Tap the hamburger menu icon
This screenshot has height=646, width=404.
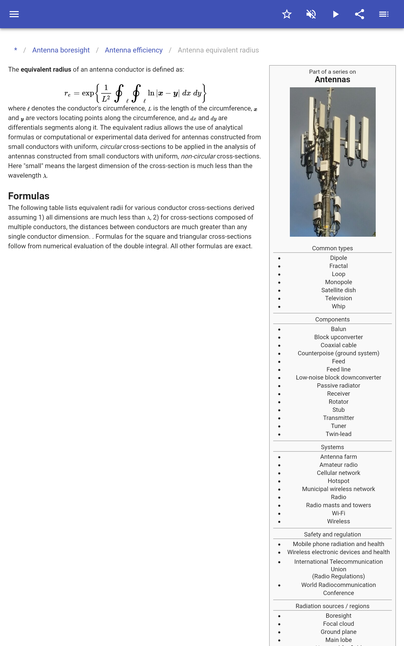pyautogui.click(x=14, y=14)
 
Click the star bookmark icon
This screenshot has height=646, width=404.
pyautogui.click(x=287, y=14)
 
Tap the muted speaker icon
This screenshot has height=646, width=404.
pyautogui.click(x=311, y=14)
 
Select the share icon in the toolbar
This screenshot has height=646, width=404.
pyautogui.click(x=359, y=14)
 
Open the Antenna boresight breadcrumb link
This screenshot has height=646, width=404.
pyautogui.click(x=61, y=50)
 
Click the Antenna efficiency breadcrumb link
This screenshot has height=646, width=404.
pyautogui.click(x=134, y=50)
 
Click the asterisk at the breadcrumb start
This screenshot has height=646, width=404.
pyautogui.click(x=16, y=50)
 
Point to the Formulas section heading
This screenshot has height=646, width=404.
pyautogui.click(x=29, y=196)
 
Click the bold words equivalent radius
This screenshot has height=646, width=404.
pyautogui.click(x=46, y=69)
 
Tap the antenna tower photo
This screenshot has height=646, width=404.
pyautogui.click(x=333, y=162)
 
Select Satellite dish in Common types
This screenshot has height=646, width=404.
pyautogui.click(x=338, y=290)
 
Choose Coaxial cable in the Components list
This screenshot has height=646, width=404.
pyautogui.click(x=338, y=345)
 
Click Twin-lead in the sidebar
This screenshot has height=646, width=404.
pyautogui.click(x=338, y=434)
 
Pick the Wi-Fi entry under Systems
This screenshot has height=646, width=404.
pyautogui.click(x=338, y=513)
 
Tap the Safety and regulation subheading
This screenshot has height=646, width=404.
pyautogui.click(x=332, y=534)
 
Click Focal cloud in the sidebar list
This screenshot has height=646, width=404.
pyautogui.click(x=338, y=624)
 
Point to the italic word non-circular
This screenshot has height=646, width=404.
pyautogui.click(x=198, y=156)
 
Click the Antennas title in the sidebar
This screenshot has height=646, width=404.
pyautogui.click(x=332, y=79)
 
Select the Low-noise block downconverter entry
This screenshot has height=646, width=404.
pyautogui.click(x=338, y=378)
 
